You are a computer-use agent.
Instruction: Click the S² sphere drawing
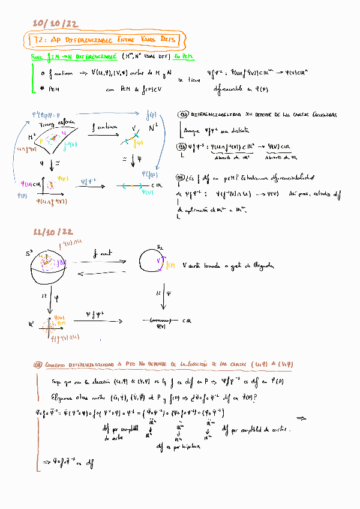click(53, 265)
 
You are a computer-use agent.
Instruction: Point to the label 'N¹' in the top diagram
click(152, 127)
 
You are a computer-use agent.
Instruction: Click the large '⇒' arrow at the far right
click(301, 418)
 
